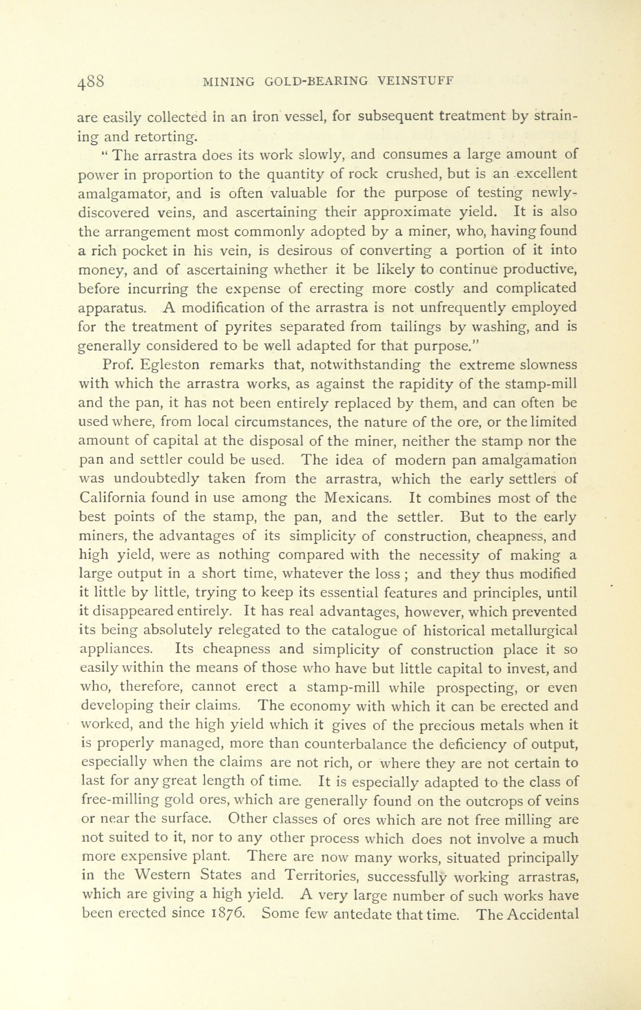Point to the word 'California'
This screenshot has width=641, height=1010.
pyautogui.click(x=112, y=498)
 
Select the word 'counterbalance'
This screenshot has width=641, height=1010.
pyautogui.click(x=357, y=745)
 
